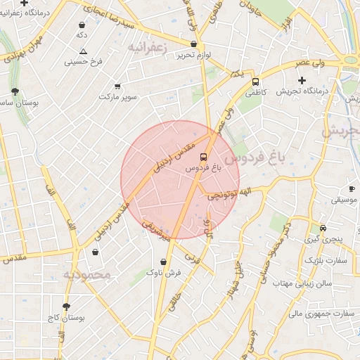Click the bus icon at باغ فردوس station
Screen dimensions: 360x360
coord(203,156)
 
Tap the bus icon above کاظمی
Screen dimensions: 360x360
coord(255,81)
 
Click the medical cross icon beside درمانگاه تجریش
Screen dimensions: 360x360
coord(302,80)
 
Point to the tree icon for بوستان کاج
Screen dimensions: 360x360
coord(67,307)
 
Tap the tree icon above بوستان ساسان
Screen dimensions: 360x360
coord(15,91)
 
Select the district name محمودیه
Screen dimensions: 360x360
coord(86,274)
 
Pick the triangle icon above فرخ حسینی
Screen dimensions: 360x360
coord(84,51)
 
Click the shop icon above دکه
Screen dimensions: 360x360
coord(82,25)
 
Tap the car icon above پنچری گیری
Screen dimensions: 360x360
coord(323,228)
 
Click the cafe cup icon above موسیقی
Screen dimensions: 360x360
coord(352,189)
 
